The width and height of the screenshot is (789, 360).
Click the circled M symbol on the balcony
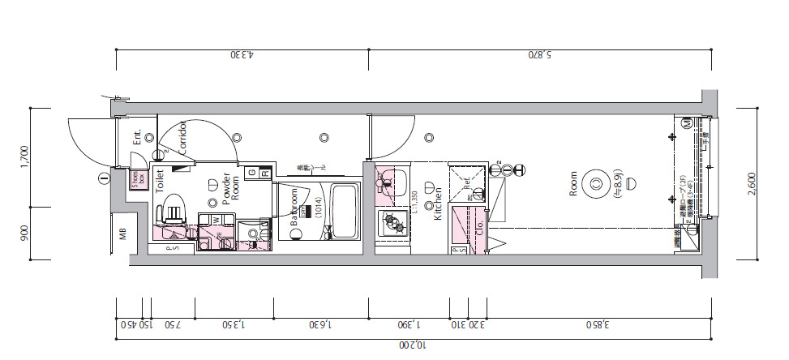685,123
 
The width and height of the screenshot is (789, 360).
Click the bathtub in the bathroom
345,211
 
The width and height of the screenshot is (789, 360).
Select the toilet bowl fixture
172,213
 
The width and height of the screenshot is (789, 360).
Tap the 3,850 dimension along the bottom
599,325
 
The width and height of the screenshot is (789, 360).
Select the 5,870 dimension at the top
541,56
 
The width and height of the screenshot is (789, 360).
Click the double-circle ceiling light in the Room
597,183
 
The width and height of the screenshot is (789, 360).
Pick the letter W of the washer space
216,219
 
